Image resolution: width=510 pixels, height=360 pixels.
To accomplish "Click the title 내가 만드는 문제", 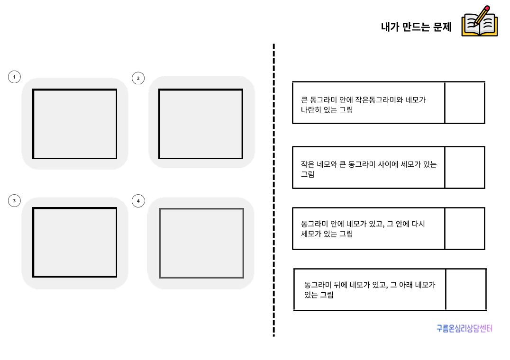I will click(416, 27).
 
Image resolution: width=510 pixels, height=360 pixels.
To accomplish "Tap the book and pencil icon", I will click(480, 21).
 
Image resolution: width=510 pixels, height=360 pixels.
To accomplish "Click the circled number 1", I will click(14, 77).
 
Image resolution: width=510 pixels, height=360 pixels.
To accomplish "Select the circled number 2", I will click(138, 78).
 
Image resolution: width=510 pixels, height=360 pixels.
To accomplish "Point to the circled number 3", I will click(14, 201).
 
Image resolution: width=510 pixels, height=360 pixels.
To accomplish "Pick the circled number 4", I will click(138, 201).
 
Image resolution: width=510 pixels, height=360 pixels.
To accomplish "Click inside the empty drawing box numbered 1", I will click(75, 124).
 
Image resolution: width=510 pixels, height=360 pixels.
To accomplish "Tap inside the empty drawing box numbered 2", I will click(200, 124).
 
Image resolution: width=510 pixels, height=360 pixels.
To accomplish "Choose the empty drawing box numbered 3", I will click(75, 243).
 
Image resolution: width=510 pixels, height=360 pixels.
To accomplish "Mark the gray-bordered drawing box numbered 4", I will click(201, 243).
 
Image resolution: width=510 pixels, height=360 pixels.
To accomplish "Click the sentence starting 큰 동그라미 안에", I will click(364, 105).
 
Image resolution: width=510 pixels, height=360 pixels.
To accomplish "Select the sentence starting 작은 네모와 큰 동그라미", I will click(369, 169).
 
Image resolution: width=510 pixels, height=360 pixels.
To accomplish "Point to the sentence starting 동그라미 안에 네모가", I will click(363, 229).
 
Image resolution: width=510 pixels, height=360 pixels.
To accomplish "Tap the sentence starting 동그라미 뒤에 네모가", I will click(370, 289).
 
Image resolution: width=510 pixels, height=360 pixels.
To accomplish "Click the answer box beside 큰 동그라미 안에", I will click(464, 103).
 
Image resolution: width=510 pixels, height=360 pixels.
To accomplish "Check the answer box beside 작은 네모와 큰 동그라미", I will click(464, 167).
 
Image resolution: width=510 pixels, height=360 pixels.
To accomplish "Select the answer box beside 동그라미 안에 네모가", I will click(464, 228).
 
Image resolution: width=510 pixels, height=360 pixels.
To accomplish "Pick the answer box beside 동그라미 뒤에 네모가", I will click(466, 289).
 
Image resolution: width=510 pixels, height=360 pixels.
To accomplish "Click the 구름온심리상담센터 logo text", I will click(464, 328).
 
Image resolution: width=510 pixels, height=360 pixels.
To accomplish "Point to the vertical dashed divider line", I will click(273, 189).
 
